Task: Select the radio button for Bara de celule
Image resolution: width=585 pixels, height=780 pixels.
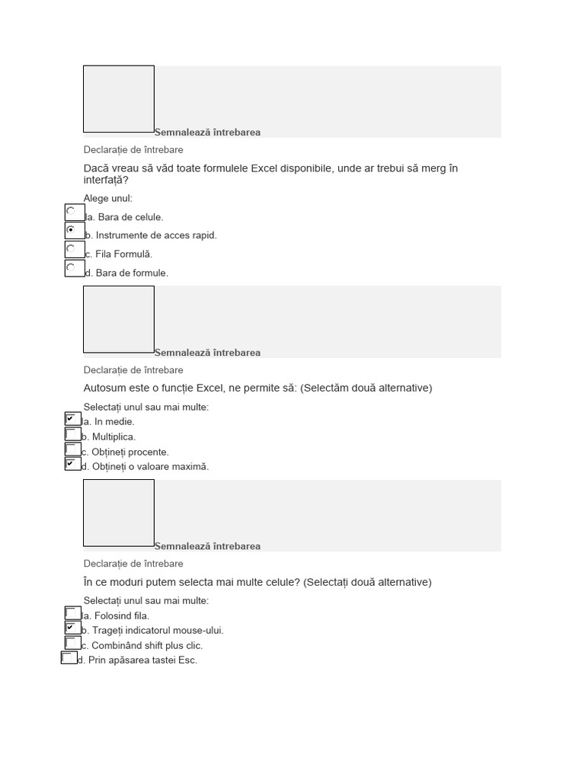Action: coord(74,213)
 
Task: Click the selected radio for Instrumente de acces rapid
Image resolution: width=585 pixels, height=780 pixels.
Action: coord(74,231)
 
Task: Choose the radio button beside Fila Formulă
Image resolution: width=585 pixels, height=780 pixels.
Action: coord(74,250)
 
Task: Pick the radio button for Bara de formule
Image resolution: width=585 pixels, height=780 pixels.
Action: coord(74,268)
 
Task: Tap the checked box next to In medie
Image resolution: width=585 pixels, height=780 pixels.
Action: coord(72,419)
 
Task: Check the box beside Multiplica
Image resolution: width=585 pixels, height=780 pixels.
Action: coord(72,434)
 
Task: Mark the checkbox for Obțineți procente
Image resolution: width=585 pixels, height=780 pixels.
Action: coord(72,449)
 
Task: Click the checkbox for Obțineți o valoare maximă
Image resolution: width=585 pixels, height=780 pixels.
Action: coord(72,464)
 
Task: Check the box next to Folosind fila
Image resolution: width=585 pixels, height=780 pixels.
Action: coord(72,613)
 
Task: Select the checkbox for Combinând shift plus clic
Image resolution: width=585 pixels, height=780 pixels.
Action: coord(72,643)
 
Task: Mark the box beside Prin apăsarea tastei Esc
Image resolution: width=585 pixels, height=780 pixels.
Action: coord(69,658)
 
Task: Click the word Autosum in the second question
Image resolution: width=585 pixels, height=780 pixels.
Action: coord(104,388)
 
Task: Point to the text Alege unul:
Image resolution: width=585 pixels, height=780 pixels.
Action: coord(107,199)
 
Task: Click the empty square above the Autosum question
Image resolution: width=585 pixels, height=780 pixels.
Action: coord(119,319)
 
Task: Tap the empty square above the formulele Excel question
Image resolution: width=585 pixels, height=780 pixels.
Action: coord(119,99)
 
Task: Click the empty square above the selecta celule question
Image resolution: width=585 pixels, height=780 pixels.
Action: coord(119,513)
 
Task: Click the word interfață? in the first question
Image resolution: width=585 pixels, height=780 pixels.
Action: coord(106,181)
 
